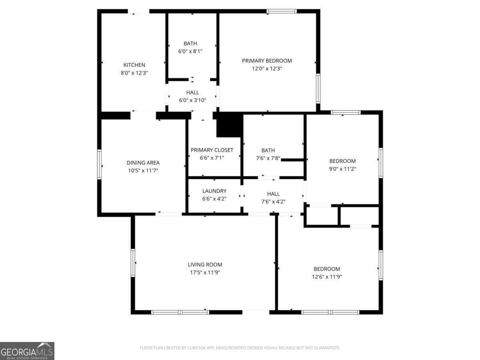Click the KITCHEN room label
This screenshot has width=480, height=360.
point(134,65)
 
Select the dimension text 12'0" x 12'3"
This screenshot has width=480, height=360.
point(267,68)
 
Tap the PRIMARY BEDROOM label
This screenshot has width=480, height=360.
point(267,61)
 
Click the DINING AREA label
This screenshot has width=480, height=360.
point(143,163)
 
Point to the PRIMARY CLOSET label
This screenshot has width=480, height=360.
point(212,150)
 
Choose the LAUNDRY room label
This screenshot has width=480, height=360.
point(214,191)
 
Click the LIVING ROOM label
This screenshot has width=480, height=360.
point(205,264)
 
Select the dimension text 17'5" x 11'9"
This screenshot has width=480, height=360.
point(205,272)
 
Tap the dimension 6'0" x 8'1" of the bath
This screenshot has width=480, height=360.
point(190,51)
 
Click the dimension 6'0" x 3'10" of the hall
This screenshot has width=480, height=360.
point(192,100)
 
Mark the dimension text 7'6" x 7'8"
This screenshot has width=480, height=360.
point(268,158)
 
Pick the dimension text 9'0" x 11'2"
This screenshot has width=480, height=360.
point(342,169)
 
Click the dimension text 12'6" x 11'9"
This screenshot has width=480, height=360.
point(327,276)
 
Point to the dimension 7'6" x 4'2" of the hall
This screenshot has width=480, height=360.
point(274,202)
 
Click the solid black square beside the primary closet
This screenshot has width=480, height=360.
point(230,125)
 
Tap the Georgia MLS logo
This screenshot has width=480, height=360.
point(27,351)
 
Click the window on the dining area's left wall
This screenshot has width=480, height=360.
point(99,164)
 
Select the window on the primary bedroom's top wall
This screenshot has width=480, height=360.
point(282,11)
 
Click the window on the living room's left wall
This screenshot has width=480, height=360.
point(133,262)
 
